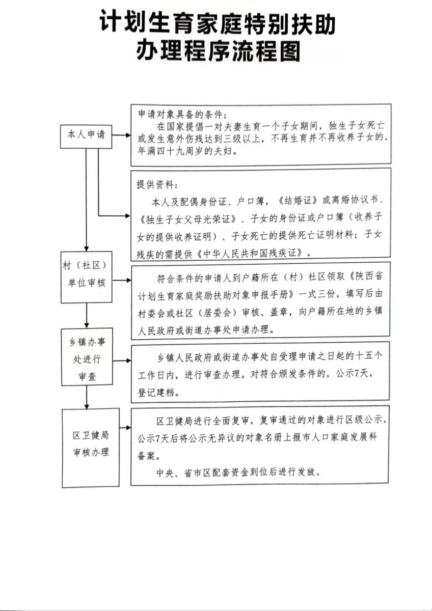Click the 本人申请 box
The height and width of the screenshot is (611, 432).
point(86,135)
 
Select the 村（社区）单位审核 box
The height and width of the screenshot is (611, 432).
point(86,275)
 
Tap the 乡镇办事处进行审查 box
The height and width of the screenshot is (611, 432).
point(86,359)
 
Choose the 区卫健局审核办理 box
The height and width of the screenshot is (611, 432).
point(91,444)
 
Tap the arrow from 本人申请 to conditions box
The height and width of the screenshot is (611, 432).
point(121,136)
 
